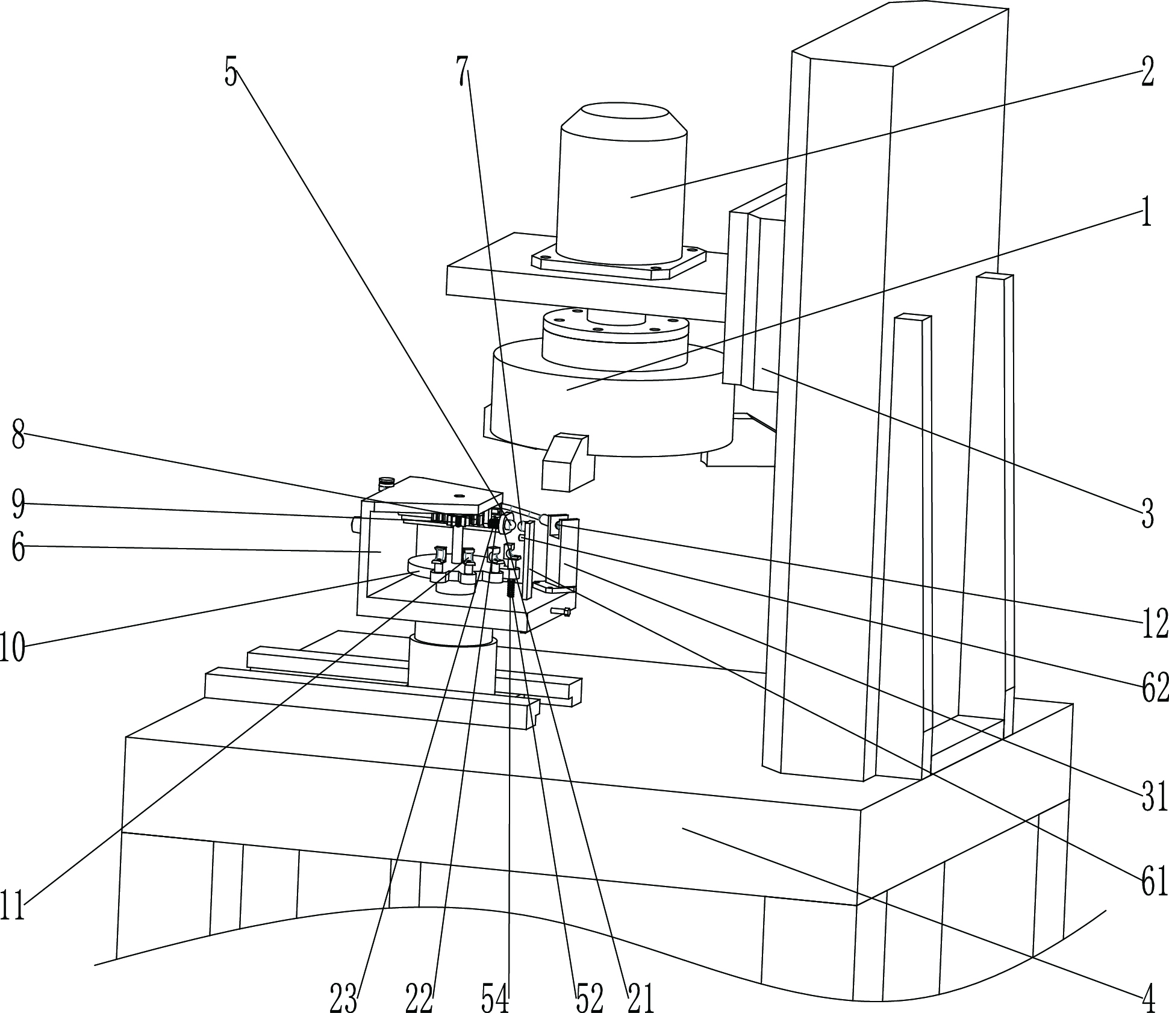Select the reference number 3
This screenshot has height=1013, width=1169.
tap(1147, 514)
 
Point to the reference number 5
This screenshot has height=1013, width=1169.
tap(231, 73)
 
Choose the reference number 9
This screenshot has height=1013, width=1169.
tap(18, 505)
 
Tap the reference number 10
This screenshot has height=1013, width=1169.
tap(12, 647)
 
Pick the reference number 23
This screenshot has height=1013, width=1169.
tap(344, 998)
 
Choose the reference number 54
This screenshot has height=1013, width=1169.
tap(496, 998)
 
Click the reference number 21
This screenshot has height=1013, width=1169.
tap(641, 998)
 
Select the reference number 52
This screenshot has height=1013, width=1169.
tap(590, 998)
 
